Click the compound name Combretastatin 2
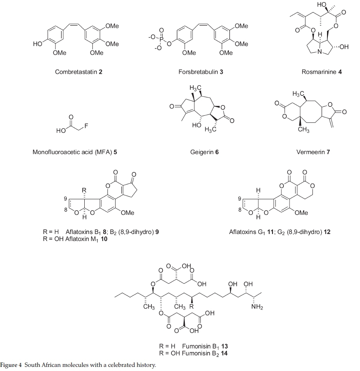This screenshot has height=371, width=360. [x=79, y=72]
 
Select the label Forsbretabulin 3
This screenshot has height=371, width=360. [x=201, y=72]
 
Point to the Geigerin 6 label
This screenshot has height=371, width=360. [x=202, y=152]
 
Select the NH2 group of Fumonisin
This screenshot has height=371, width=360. [x=257, y=307]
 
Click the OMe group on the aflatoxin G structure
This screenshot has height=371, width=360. [x=301, y=213]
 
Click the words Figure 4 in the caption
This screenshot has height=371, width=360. [x=11, y=365]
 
